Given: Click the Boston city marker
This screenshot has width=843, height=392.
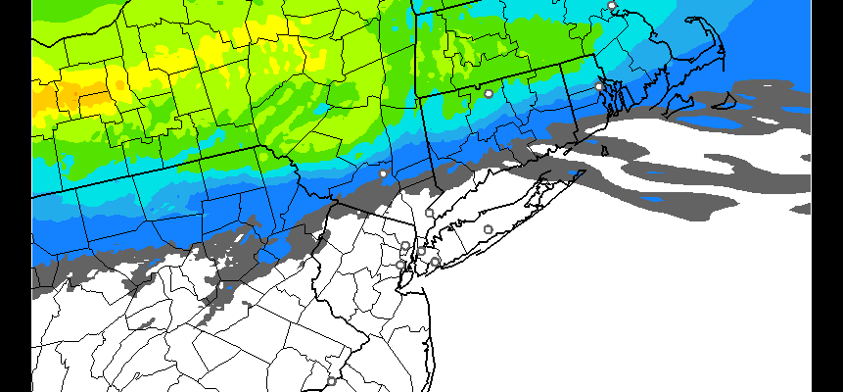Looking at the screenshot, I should pos(612,6).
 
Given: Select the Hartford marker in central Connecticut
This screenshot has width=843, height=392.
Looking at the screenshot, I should pos(489,93).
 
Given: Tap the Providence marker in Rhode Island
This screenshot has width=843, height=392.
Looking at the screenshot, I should pos(599,86).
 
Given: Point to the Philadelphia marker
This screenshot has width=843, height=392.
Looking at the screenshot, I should pos(331,381).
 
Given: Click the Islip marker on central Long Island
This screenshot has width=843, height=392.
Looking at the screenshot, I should pos(489,229).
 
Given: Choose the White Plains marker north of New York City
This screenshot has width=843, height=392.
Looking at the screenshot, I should pos(429,213).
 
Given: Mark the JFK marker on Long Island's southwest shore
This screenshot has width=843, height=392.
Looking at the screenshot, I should pos(435,262).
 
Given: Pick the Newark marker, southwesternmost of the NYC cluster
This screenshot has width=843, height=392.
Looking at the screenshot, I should pos(400,265).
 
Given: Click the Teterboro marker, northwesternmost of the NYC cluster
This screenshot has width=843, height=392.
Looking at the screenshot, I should pos(405,246).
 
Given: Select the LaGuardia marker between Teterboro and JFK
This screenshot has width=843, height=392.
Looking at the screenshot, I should pos(422,250).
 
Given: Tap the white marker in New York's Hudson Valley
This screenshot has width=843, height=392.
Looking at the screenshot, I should pos(383,173).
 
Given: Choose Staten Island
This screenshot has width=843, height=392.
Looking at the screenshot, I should pos(402,277).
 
